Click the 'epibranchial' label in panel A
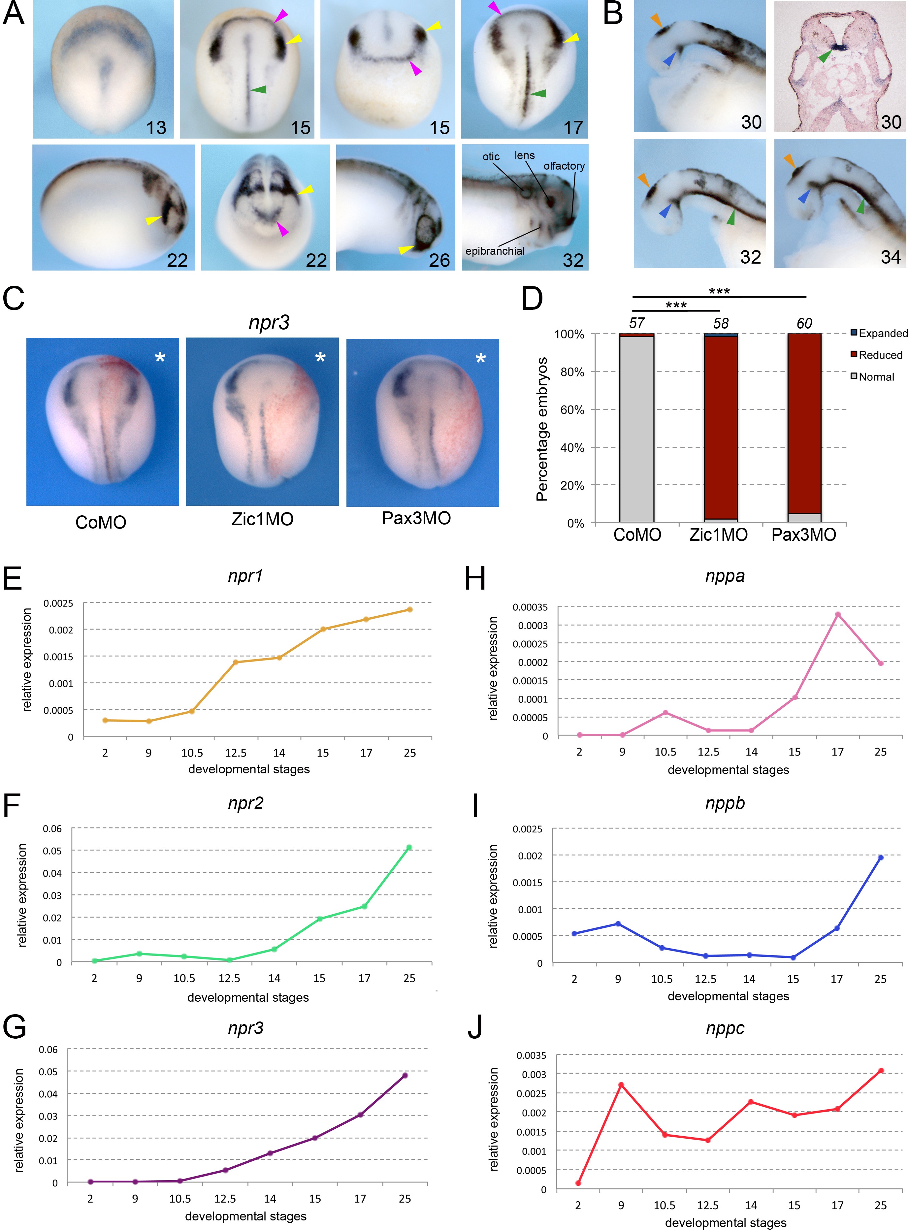pos(495,251)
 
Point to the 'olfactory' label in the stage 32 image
pos(564,166)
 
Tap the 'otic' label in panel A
pos(491,157)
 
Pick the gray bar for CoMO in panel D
pos(636,429)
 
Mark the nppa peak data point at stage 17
pos(838,614)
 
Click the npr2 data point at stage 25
pos(409,848)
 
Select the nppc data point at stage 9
pos(621,1085)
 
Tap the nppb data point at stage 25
pos(881,858)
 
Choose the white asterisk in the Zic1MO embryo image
pos(320,358)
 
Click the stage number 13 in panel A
pos(156,127)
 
